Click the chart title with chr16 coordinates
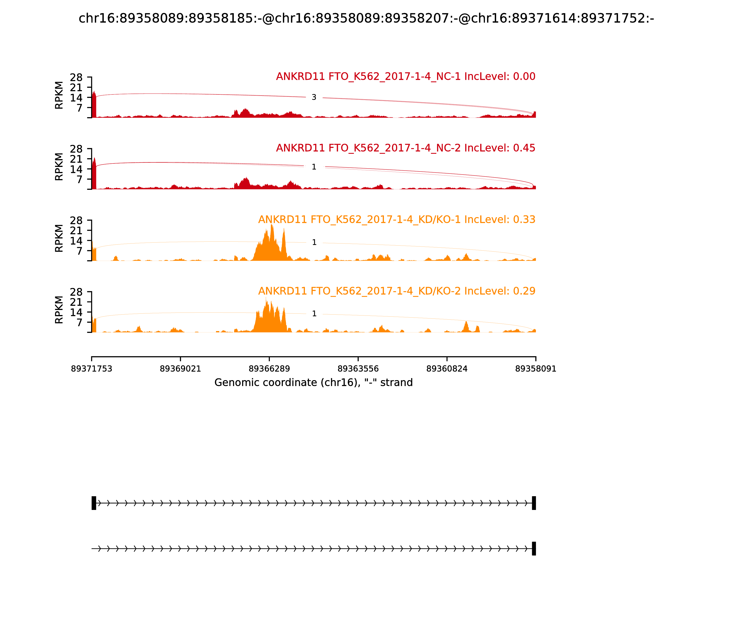click(366, 18)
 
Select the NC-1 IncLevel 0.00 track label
click(405, 76)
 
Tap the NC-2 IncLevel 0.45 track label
click(405, 148)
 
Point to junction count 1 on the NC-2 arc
click(314, 167)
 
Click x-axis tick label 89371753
click(92, 369)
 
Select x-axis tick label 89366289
click(269, 369)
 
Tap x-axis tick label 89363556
click(358, 369)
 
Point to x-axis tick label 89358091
click(536, 369)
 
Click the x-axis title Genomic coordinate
click(314, 383)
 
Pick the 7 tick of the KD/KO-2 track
click(79, 322)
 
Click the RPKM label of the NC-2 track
click(59, 167)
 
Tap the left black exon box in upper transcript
click(94, 503)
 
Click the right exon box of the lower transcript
click(534, 548)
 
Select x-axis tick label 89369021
click(181, 369)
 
